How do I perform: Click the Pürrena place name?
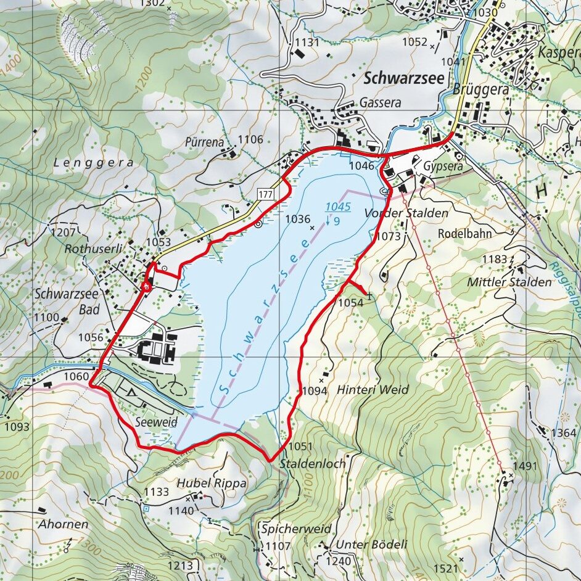[x=204, y=142]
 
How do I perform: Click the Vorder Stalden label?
[x=406, y=213]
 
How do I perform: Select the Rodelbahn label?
[x=464, y=234]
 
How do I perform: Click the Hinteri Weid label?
[x=373, y=390]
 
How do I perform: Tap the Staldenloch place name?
[x=313, y=463]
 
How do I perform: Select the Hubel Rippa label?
[x=212, y=484]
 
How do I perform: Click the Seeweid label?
[x=155, y=422]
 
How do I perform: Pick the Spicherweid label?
[x=296, y=529]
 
